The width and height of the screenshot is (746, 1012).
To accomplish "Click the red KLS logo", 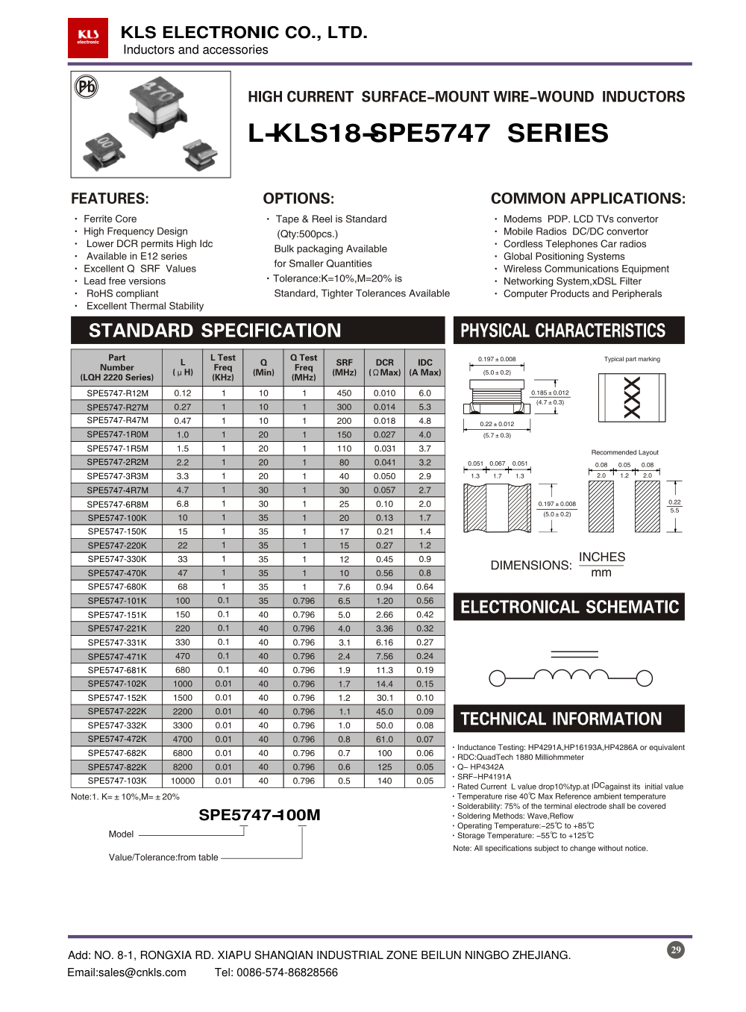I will click(x=88, y=37).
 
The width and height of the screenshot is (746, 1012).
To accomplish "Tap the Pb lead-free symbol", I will click(x=87, y=87).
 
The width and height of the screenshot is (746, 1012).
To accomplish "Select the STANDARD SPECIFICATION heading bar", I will click(x=257, y=331).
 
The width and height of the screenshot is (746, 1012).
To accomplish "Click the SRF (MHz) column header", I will click(x=344, y=367).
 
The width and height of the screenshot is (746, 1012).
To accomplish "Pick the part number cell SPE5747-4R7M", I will click(x=117, y=490).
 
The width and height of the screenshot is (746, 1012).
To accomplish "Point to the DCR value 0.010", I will click(x=384, y=393).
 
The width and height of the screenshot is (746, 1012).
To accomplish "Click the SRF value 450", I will click(x=344, y=393).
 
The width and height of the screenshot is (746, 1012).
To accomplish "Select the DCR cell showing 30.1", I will click(x=384, y=698).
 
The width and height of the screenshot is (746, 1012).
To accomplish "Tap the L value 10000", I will click(x=183, y=781).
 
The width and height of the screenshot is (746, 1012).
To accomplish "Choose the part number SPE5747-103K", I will click(x=117, y=781).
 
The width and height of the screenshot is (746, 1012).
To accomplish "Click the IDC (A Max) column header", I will click(x=424, y=367).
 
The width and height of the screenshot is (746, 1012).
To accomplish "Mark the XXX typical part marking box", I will click(x=632, y=397).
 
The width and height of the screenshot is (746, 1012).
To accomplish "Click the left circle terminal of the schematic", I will click(x=497, y=678).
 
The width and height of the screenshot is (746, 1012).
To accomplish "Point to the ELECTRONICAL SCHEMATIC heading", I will click(x=569, y=607).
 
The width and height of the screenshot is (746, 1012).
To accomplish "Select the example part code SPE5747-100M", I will click(x=259, y=815).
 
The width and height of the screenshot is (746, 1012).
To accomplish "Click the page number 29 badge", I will click(x=676, y=949).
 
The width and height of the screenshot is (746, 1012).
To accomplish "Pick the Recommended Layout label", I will click(x=624, y=452).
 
